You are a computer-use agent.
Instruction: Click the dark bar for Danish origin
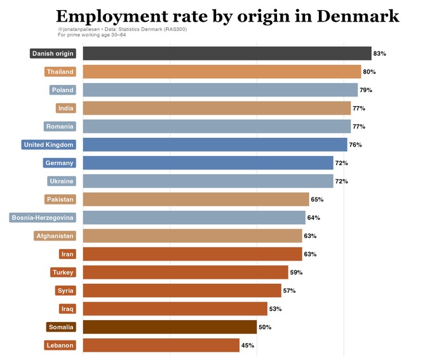click(227, 53)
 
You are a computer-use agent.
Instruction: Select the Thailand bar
click(222, 72)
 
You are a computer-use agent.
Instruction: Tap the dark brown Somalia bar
click(170, 327)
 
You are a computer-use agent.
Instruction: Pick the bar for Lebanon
click(161, 345)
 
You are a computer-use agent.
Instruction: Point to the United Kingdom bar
click(215, 145)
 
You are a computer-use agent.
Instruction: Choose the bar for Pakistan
click(196, 199)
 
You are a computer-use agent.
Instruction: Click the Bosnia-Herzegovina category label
click(43, 218)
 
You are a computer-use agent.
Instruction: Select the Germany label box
click(59, 163)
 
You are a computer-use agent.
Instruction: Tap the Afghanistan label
click(55, 236)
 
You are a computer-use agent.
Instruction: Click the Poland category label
click(62, 90)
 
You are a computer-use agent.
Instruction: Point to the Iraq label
click(67, 309)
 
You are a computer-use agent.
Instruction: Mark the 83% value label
click(380, 54)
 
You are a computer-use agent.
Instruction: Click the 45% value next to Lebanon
click(248, 345)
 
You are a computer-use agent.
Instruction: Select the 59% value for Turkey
click(296, 272)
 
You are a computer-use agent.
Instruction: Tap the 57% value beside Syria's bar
click(289, 291)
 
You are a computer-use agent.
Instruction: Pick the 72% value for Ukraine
click(341, 181)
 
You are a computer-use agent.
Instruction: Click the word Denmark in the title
click(358, 17)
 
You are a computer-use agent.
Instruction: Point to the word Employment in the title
click(112, 17)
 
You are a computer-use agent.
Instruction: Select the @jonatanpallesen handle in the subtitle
click(79, 29)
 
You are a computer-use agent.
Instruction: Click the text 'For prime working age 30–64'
click(91, 35)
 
